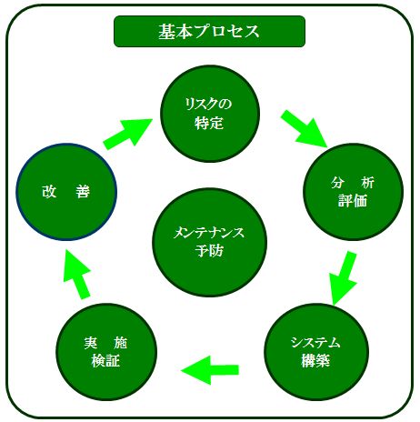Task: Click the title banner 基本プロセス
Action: (209, 31)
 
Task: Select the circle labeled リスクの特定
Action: (210, 114)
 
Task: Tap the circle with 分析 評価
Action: (353, 192)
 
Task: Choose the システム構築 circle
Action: (316, 352)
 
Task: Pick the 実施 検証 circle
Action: (106, 352)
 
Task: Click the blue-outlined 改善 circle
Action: (66, 192)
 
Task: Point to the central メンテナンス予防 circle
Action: (209, 242)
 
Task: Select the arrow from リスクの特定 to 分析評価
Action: (304, 129)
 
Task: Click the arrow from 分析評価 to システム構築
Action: (343, 277)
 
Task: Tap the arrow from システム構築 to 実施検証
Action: (210, 370)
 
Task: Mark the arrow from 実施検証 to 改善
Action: (77, 274)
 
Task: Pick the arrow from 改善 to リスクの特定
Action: (127, 134)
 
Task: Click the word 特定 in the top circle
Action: (209, 124)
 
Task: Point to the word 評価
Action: (353, 201)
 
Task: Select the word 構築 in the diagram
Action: (315, 360)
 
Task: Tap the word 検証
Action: (105, 360)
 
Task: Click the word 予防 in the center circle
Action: (209, 251)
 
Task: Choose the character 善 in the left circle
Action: (83, 192)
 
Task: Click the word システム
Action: (315, 343)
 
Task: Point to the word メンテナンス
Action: (209, 233)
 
